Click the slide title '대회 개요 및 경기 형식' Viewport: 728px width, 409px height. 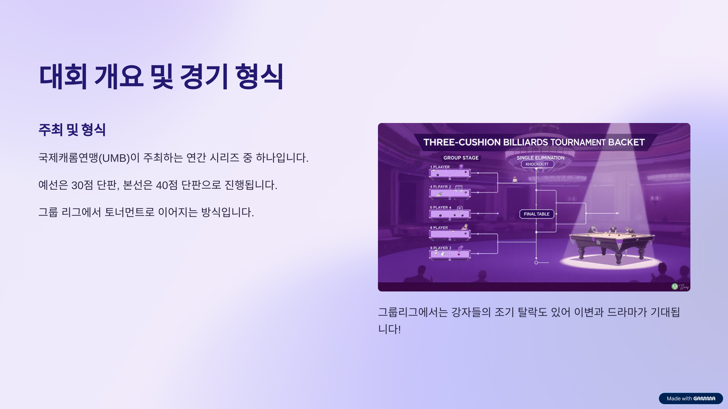click(x=161, y=76)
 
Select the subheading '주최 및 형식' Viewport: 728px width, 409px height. click(x=72, y=130)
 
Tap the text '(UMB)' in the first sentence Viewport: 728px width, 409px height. click(x=114, y=158)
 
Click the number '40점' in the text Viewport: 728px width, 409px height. click(x=167, y=185)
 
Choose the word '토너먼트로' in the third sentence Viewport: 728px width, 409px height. click(x=130, y=212)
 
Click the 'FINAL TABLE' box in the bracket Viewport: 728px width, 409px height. click(x=537, y=214)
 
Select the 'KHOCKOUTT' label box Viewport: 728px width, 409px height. click(x=537, y=164)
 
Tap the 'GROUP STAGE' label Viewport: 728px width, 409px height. click(x=461, y=158)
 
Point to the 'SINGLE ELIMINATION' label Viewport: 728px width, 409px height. click(x=541, y=158)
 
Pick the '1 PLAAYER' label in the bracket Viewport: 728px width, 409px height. click(x=440, y=167)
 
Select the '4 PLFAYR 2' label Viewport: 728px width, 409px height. click(x=440, y=187)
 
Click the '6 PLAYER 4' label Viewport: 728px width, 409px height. click(x=440, y=208)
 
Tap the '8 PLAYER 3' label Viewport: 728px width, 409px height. click(x=440, y=248)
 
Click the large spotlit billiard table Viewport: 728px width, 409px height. click(x=611, y=242)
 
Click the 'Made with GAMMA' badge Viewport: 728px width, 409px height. click(x=691, y=398)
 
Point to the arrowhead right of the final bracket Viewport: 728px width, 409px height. click(x=618, y=213)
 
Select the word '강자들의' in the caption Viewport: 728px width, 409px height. click(x=471, y=312)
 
